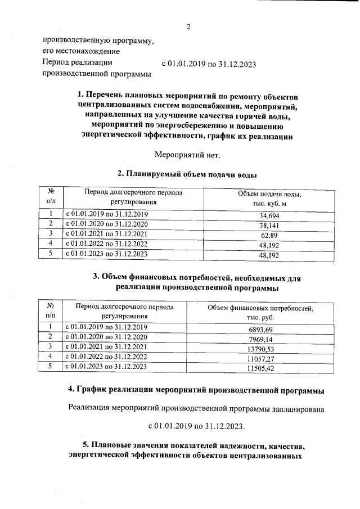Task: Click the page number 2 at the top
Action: pos(189,26)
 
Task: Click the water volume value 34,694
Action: pos(269,215)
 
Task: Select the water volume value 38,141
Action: pos(269,225)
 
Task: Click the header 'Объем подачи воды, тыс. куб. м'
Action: pos(269,198)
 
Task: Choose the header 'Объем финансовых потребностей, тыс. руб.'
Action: pos(260,312)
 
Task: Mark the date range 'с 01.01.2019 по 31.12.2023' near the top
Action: pos(209,64)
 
